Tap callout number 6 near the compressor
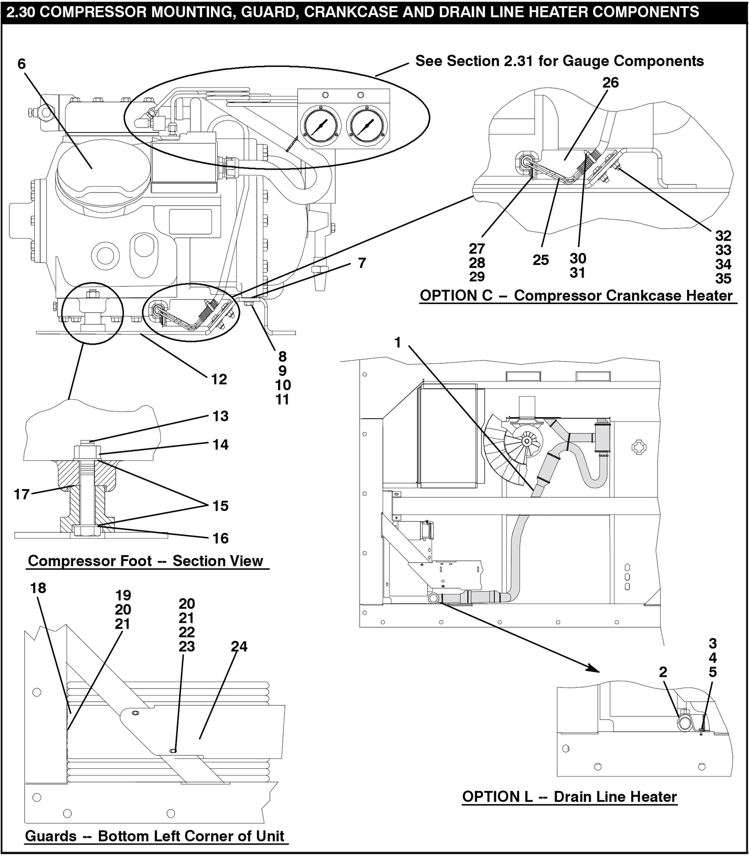pyautogui.click(x=21, y=64)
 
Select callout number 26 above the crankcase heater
pyautogui.click(x=610, y=83)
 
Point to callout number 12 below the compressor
pyautogui.click(x=219, y=379)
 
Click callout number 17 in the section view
pyautogui.click(x=21, y=494)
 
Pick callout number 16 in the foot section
pyautogui.click(x=220, y=538)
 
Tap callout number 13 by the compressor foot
pyautogui.click(x=220, y=416)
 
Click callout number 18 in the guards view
pyautogui.click(x=38, y=588)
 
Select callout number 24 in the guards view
pyautogui.click(x=239, y=646)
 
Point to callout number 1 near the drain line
pyautogui.click(x=398, y=342)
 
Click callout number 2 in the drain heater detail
pyautogui.click(x=663, y=672)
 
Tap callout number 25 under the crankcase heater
pyautogui.click(x=541, y=260)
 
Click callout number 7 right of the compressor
pyautogui.click(x=362, y=263)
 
